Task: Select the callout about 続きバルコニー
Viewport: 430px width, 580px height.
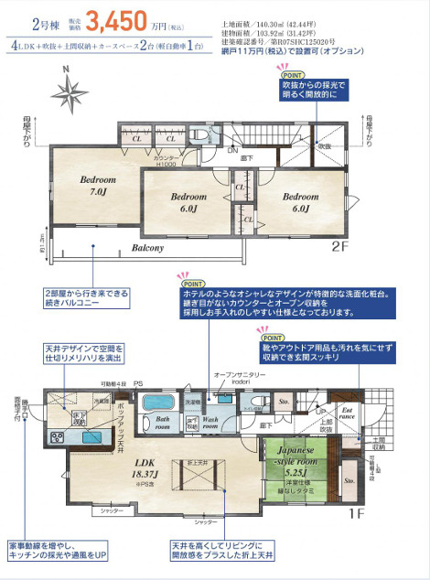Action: click(x=86, y=298)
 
